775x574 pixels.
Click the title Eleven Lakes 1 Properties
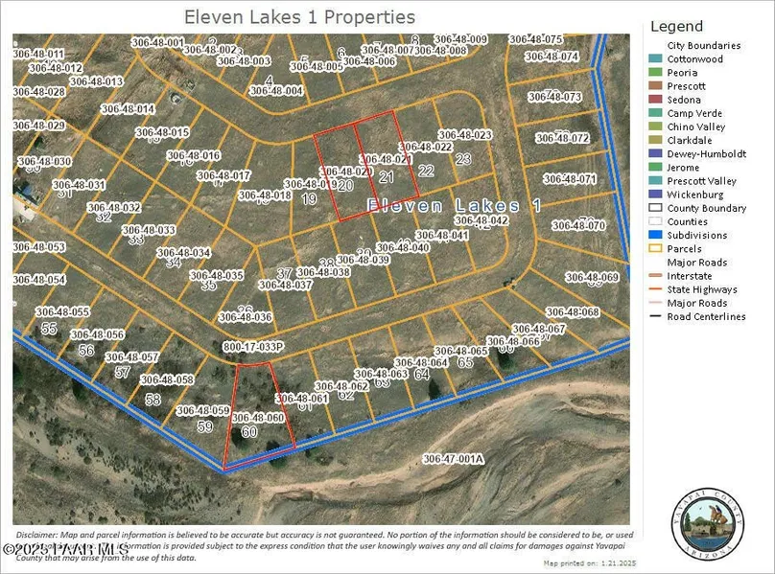[299, 17]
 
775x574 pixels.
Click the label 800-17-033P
[253, 347]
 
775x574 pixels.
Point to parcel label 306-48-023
[464, 135]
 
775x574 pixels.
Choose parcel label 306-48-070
[578, 225]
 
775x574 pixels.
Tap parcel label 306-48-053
[38, 247]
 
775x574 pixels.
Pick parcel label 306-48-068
[572, 312]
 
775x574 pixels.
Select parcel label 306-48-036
[246, 317]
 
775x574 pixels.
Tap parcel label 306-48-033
[149, 230]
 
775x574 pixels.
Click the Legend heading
[676, 27]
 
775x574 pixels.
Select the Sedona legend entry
[684, 100]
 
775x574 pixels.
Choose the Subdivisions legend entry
[696, 235]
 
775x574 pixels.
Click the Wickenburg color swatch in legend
[656, 195]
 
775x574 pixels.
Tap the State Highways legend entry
[702, 289]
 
